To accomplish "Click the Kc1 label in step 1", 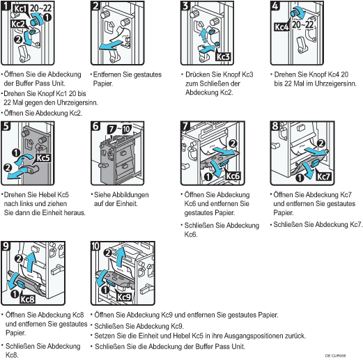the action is coord(20,8).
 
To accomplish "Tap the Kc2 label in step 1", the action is coord(17,24).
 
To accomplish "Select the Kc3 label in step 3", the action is coord(223,56).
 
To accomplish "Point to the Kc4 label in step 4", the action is coord(281,27).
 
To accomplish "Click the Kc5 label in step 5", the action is coord(43,158).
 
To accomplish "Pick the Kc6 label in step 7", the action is coord(233,176).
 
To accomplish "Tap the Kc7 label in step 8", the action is coord(323,177).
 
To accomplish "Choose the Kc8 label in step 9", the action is coord(27,299).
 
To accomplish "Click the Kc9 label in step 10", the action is coord(124,297).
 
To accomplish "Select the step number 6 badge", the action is coord(96,126).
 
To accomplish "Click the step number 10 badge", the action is coord(96,246).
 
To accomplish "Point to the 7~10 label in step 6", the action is coord(119,130).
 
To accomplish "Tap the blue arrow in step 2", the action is coord(111,45).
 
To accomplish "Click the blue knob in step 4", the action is coord(295,12).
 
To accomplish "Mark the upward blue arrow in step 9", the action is coord(31,262).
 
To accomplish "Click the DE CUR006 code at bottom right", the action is coord(336,356).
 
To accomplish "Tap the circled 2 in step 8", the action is coord(321,143).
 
